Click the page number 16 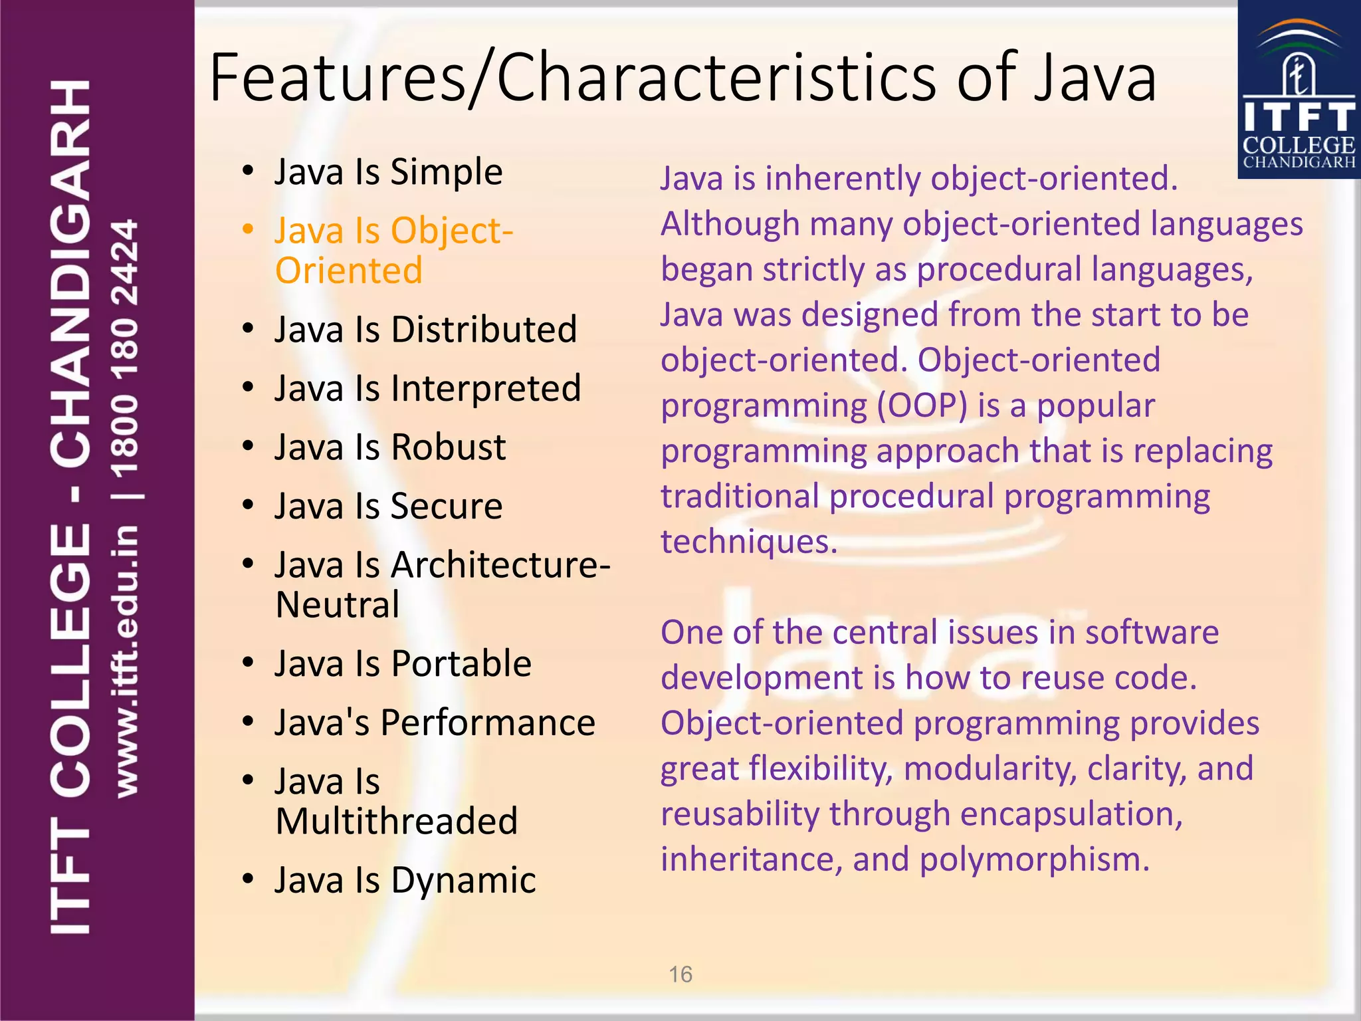[680, 974]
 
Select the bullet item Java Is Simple [388, 172]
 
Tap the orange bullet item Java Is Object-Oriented [393, 251]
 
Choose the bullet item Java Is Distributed [425, 330]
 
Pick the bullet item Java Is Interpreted [427, 389]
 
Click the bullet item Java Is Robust [390, 447]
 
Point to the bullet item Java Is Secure [388, 507]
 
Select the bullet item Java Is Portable [403, 664]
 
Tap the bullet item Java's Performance [435, 723]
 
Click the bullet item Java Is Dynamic [405, 881]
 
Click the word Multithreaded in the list [397, 822]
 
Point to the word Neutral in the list [338, 606]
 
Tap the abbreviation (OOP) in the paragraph [922, 406]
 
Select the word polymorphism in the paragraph [1034, 859]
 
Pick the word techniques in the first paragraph [749, 542]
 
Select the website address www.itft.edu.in [126, 661]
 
